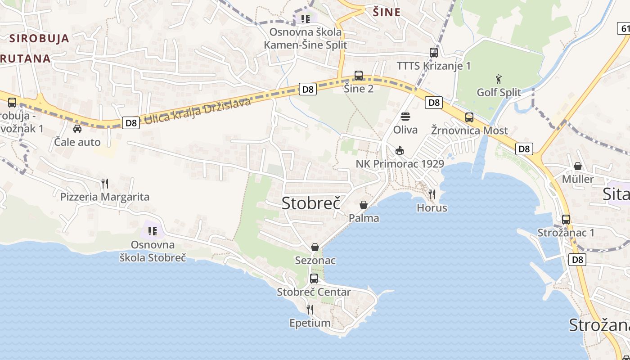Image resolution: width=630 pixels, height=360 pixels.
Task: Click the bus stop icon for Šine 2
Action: pos(359,76)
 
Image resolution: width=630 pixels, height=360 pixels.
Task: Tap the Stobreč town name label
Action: pos(310,203)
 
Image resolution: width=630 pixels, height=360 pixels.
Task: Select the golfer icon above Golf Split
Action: pos(499,80)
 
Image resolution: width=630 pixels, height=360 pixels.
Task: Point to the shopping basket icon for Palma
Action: pos(364,205)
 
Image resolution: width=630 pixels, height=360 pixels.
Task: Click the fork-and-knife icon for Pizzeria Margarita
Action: pos(105,183)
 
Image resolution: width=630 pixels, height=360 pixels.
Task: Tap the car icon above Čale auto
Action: pos(77,129)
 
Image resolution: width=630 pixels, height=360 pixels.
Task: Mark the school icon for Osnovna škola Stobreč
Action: pos(153,231)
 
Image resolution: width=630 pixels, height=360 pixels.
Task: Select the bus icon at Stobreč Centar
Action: pos(314,279)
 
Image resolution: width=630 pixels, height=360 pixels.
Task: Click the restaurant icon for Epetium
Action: pos(310,310)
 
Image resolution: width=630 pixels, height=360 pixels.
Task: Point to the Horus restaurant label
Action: pos(432,208)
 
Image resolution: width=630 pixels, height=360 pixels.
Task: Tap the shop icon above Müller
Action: pos(578,166)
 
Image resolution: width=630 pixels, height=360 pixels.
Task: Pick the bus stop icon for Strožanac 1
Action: pos(566,220)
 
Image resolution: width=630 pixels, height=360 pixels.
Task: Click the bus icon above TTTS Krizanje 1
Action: pos(434,53)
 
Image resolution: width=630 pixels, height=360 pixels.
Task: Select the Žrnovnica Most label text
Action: pos(469,130)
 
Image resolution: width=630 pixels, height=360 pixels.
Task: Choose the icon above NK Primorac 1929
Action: pos(399,150)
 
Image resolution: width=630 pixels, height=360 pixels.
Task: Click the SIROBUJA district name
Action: pos(40,38)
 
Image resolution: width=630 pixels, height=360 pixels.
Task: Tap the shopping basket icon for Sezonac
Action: pos(315,247)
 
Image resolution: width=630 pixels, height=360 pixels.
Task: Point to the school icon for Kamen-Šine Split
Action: pos(306,18)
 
